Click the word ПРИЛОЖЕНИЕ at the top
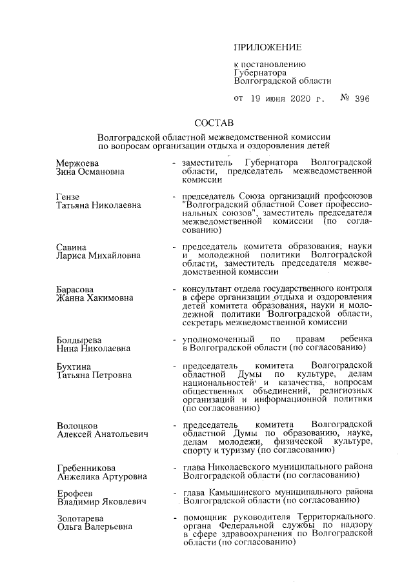tap(267, 47)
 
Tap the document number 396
tap(361, 99)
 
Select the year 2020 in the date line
tap(297, 99)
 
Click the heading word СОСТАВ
tap(214, 123)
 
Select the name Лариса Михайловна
tap(97, 255)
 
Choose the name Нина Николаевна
tap(93, 348)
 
